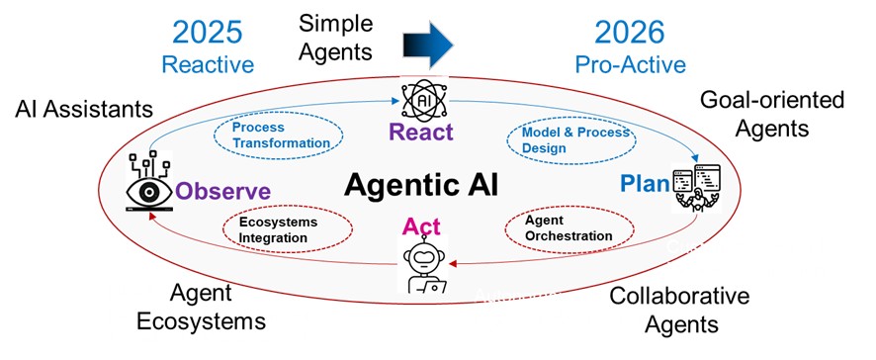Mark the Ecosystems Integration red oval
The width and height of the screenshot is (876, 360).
[x=279, y=228]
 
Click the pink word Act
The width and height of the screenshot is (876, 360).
[x=420, y=227]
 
